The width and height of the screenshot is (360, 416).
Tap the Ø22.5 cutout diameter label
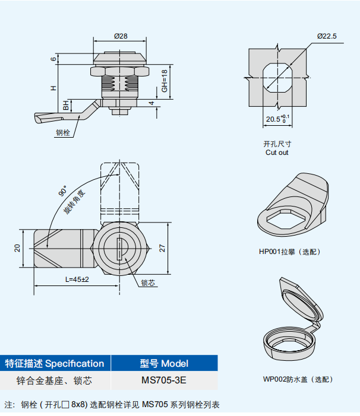(327, 36)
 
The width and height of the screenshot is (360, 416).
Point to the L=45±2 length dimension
(77, 280)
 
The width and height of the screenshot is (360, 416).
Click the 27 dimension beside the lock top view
(162, 248)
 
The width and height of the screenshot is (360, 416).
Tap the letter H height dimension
(53, 88)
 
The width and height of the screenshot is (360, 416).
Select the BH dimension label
(67, 106)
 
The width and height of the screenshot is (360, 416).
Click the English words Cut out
(277, 153)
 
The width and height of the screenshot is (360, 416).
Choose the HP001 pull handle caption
(289, 252)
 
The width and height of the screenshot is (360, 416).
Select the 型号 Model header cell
(164, 363)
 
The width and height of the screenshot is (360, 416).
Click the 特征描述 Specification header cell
(55, 363)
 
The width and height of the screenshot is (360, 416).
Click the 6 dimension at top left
(53, 59)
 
